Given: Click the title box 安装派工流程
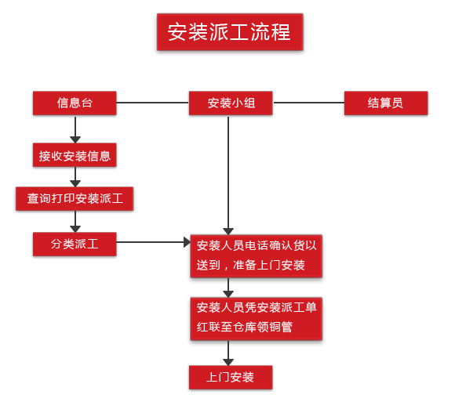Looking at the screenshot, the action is click(230, 32).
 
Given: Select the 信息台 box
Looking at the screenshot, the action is click(75, 103).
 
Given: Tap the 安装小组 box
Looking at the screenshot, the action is click(231, 103).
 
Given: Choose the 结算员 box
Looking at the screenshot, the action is click(386, 103).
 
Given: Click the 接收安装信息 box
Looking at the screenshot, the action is click(75, 155).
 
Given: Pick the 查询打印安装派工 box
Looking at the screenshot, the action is click(75, 199).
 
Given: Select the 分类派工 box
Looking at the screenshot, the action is click(75, 244).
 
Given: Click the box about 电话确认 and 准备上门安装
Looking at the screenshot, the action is click(257, 256).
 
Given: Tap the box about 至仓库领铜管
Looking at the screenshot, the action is click(257, 318).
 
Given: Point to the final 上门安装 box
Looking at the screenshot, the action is click(231, 378).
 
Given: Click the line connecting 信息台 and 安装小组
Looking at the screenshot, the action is click(153, 103).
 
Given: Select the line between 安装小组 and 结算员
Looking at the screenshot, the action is click(308, 103).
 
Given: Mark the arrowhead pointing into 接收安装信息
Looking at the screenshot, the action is click(75, 139).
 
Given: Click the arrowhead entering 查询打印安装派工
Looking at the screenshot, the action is click(75, 183).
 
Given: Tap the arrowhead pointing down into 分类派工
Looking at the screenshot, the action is click(75, 229).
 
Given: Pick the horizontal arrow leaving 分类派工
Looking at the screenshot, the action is click(153, 242).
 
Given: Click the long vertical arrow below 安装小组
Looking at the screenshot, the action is click(228, 175).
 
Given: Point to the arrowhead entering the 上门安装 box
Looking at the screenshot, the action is click(228, 362).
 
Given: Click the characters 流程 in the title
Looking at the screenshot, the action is click(271, 32).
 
